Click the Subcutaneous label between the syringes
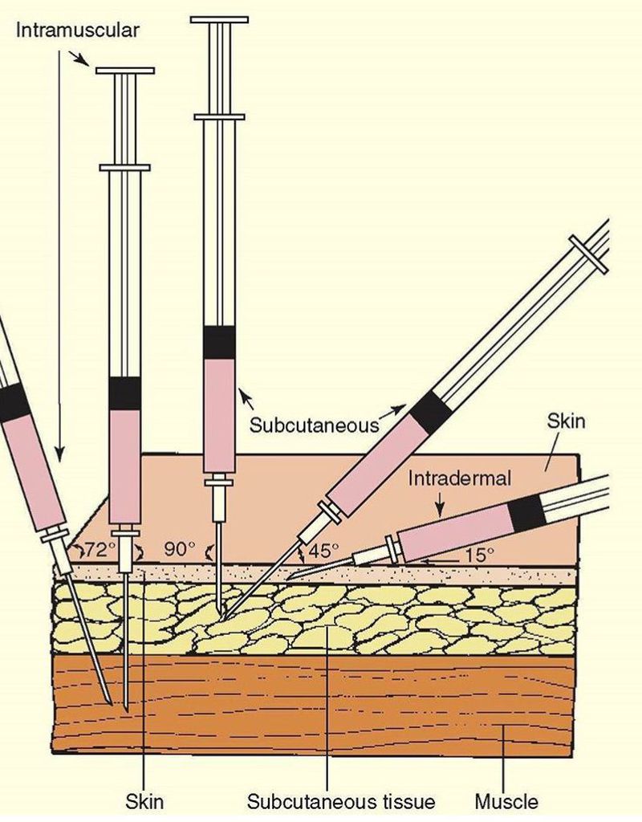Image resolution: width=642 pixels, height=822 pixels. coord(313,424)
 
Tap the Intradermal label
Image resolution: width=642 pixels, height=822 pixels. coord(459,479)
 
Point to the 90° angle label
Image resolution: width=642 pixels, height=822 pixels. coord(179,549)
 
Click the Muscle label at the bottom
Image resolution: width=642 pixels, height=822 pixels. coord(506,801)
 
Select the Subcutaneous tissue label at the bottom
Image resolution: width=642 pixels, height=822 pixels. coord(340,801)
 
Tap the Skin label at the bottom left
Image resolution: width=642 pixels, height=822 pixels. coord(144,801)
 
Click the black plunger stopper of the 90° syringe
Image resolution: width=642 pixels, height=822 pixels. coord(218,342)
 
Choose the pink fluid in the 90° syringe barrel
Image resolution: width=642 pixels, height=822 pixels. coord(218,413)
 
